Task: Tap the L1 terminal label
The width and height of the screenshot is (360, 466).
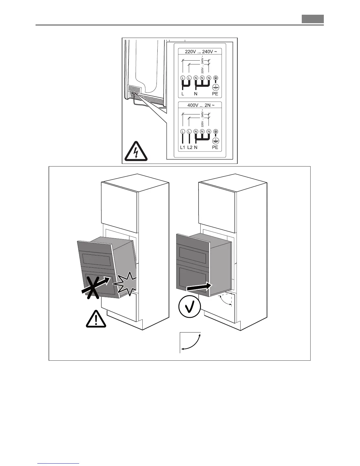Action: (x=182, y=147)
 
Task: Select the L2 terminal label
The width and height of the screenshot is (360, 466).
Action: (x=189, y=147)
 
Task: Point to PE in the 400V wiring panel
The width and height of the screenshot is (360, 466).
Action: (x=215, y=147)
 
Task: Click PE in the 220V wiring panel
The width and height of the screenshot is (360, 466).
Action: (x=215, y=94)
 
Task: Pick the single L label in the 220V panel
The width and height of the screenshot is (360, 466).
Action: (x=183, y=94)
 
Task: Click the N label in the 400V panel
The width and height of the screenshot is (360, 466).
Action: (x=196, y=147)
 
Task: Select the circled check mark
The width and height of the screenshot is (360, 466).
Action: (x=190, y=307)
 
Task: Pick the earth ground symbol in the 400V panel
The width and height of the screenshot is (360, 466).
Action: (x=215, y=140)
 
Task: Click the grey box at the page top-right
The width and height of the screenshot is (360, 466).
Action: (x=313, y=19)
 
